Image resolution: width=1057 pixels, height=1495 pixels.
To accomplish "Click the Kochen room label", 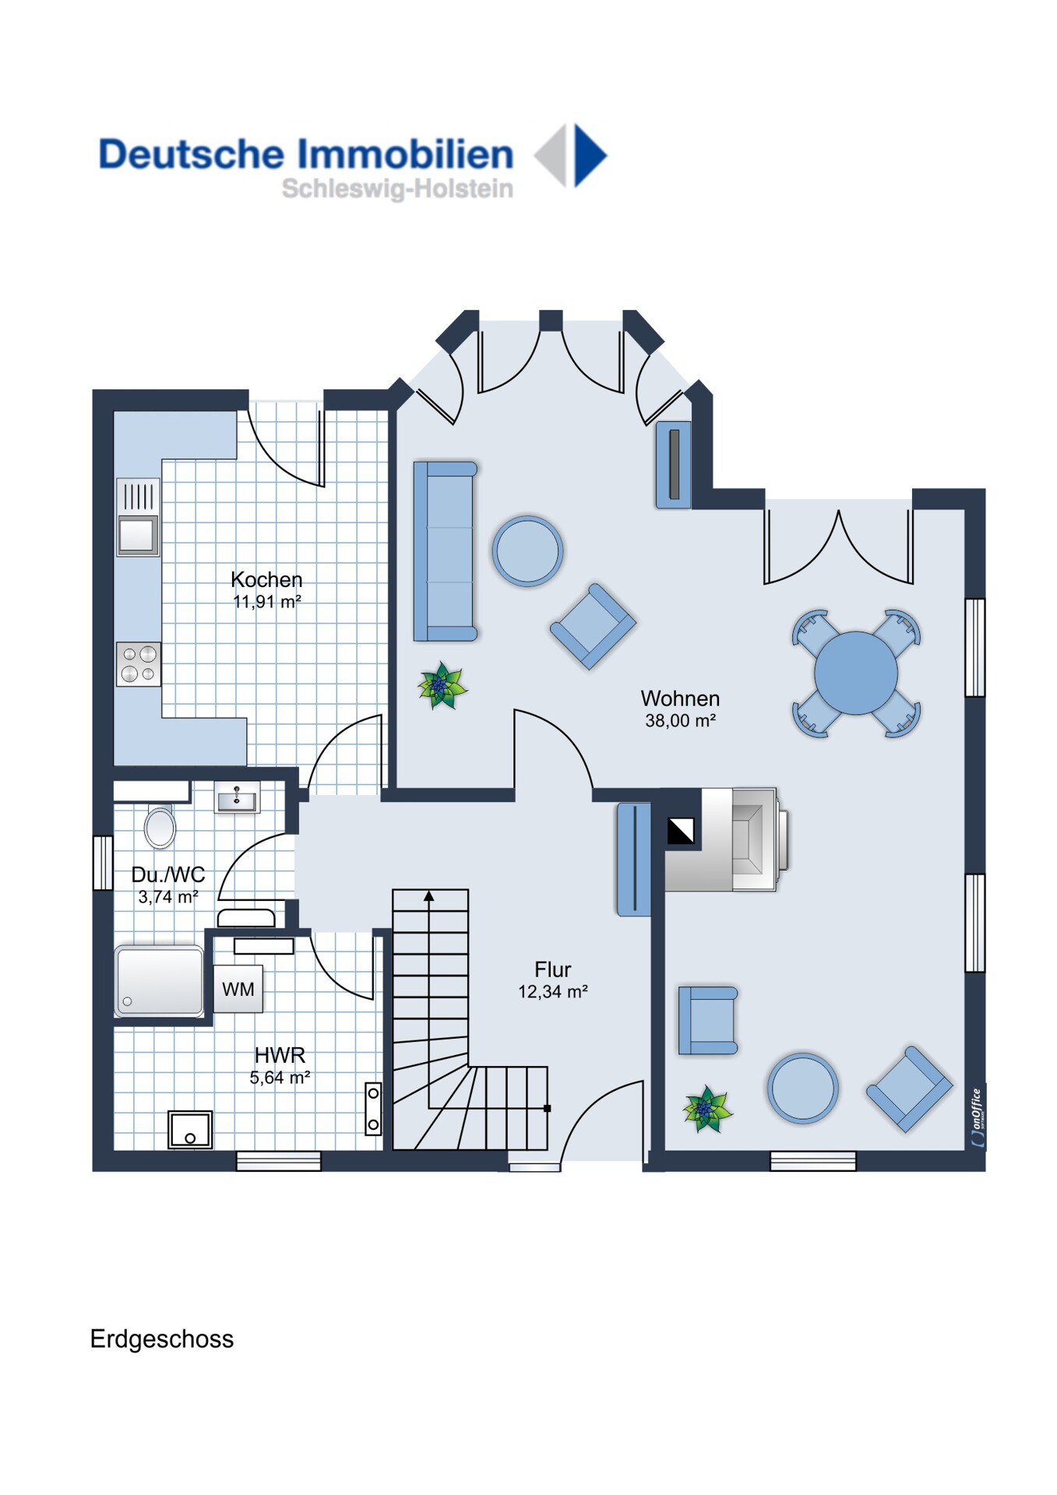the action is [266, 579].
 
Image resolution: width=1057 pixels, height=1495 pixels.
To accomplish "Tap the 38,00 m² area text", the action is [680, 721].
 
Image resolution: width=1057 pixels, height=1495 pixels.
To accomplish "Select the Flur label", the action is [553, 969].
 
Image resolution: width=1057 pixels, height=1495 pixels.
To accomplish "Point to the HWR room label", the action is [280, 1055].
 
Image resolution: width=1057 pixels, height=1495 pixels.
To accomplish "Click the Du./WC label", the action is [168, 874].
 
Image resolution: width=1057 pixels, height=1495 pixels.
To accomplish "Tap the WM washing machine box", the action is [238, 989].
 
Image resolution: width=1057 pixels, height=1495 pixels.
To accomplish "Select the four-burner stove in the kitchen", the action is [139, 664].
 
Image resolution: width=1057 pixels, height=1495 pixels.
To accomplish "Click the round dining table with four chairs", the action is [856, 674].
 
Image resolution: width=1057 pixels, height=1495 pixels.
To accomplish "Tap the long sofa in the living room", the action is [444, 551].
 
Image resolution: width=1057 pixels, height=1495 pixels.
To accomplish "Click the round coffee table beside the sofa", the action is [527, 551].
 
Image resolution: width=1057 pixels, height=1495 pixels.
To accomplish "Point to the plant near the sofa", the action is [442, 686].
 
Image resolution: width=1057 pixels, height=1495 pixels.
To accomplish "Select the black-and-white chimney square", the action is [681, 831].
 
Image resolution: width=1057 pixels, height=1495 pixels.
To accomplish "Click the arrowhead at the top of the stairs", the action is [428, 896].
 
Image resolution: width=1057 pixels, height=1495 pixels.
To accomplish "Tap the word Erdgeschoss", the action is [162, 1338].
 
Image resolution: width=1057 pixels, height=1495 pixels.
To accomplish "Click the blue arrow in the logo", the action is [590, 155].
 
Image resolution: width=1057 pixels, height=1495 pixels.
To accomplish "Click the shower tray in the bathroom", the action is [160, 981].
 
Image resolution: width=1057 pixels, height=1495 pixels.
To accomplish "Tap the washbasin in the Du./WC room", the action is [237, 799].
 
